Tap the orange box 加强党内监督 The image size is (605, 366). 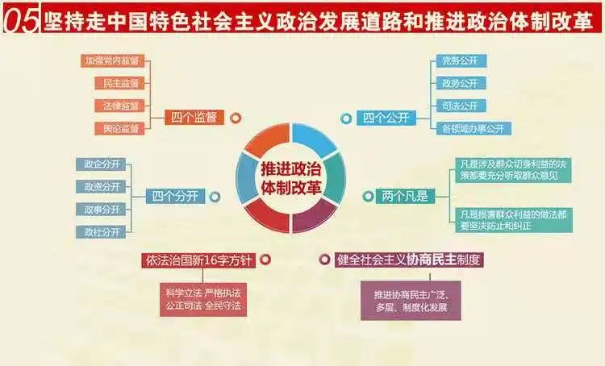tap(111, 60)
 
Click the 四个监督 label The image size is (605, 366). tap(194, 118)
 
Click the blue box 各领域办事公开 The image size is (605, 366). tap(472, 127)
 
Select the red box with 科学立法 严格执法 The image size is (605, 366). tap(199, 299)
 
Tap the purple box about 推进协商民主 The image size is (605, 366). tap(410, 301)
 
